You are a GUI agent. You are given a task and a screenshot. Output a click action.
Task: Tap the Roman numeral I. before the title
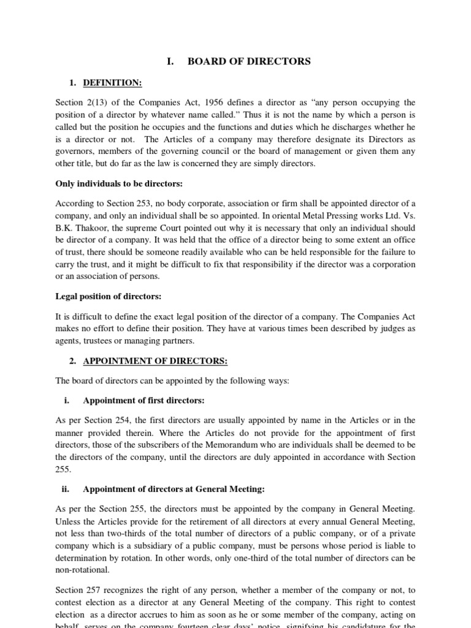(171, 61)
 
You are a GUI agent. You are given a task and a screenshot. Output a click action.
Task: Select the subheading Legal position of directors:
(109, 296)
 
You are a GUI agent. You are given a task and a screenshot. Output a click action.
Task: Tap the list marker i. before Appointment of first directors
(66, 400)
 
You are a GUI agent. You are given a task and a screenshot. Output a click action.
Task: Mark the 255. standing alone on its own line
(63, 469)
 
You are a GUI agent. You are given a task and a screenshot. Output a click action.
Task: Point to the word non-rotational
(80, 570)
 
